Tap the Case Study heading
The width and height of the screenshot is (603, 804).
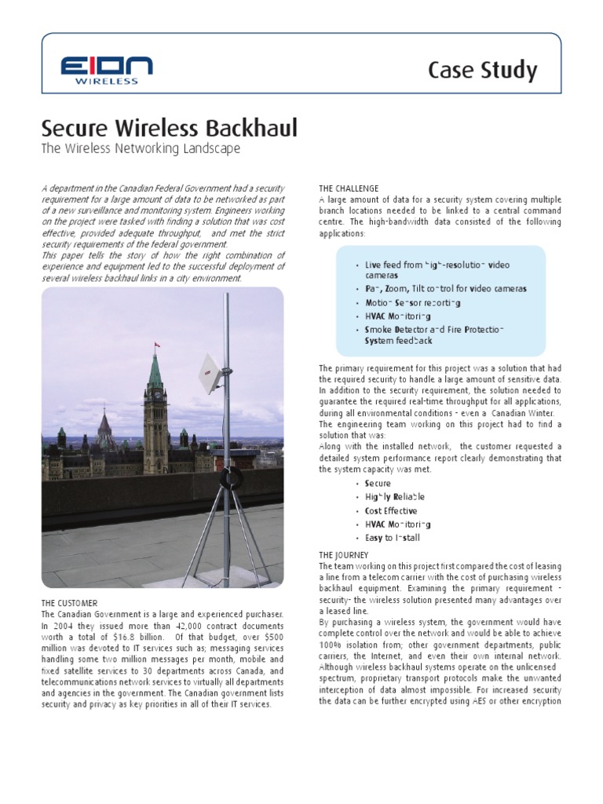coord(482,71)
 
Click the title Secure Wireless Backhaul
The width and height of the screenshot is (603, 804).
coord(169,128)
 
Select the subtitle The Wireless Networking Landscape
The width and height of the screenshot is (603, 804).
coord(140,148)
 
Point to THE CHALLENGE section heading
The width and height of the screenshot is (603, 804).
coord(349,188)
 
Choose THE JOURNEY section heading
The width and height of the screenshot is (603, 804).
coord(343,555)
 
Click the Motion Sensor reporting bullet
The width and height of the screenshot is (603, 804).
coord(413,302)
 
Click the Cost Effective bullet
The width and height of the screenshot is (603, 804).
coord(390,510)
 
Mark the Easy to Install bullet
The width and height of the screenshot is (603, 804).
coord(392,538)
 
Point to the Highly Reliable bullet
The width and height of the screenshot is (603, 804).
coord(394,497)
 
